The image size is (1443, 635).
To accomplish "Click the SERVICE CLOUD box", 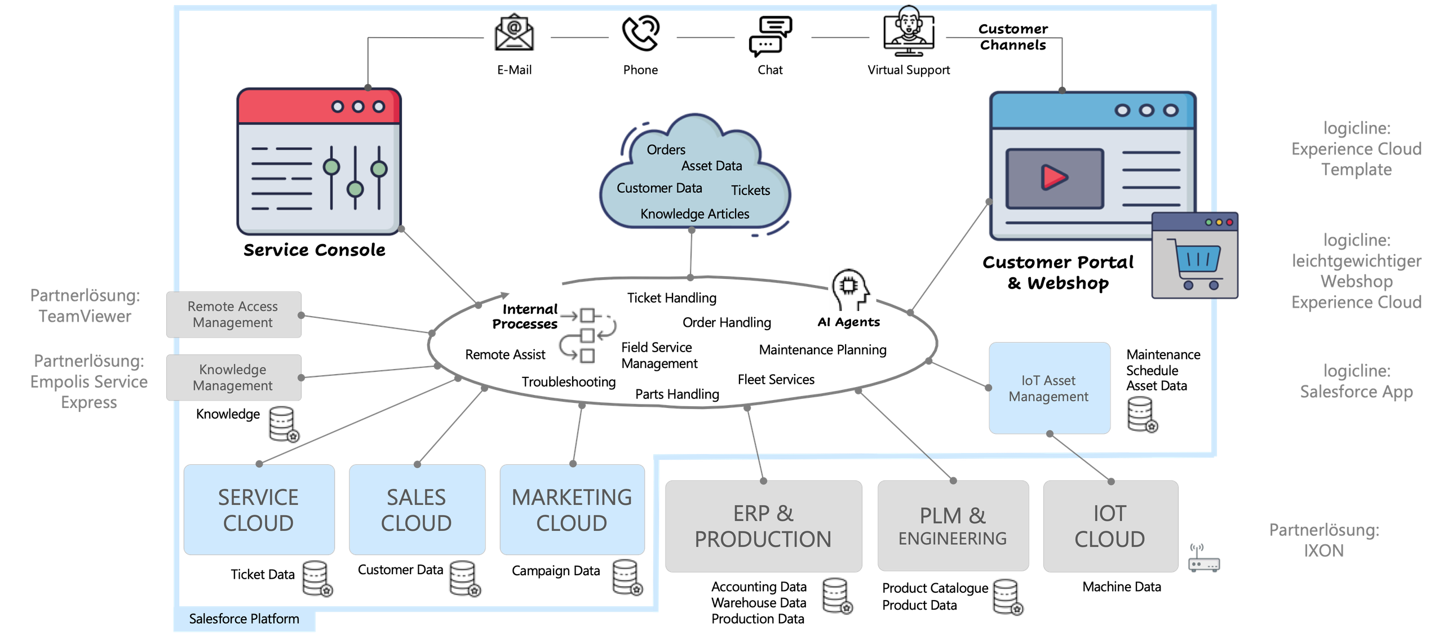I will tap(259, 510).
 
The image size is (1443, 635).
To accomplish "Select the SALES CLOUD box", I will tap(417, 510).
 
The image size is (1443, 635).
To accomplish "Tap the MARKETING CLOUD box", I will tap(572, 510).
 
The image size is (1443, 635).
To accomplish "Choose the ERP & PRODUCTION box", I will tap(763, 526).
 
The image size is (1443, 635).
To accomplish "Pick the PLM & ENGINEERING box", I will tap(953, 526).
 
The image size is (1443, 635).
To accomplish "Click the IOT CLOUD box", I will tap(1110, 526).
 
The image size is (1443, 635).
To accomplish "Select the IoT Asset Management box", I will tap(1049, 388).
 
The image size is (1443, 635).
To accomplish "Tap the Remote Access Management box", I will tap(233, 314).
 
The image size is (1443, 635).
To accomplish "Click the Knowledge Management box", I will tap(233, 378).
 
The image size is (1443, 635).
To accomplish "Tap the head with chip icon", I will tap(851, 288).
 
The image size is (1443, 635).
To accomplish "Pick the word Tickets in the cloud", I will tap(750, 190).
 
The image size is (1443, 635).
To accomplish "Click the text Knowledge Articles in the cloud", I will tap(694, 214).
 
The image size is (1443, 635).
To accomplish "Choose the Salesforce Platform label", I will tap(244, 619).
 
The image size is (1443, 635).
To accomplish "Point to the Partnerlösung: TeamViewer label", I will tap(85, 306).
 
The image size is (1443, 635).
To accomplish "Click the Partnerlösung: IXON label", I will tap(1324, 540).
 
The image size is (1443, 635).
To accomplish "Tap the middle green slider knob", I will tap(355, 189).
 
